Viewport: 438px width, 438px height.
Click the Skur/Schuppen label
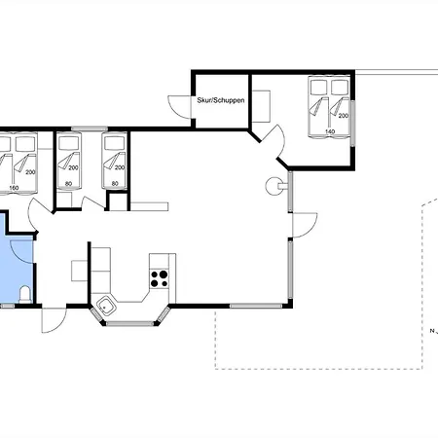pyautogui.click(x=221, y=100)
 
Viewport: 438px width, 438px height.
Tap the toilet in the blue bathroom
pyautogui.click(x=25, y=295)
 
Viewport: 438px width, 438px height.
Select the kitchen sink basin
pyautogui.click(x=105, y=306)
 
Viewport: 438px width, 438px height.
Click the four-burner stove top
pyautogui.click(x=159, y=278)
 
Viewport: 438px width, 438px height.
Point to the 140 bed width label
pyautogui.click(x=330, y=131)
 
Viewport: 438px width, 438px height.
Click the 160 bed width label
pyautogui.click(x=14, y=188)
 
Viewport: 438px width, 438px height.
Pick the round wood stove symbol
pyautogui.click(x=274, y=186)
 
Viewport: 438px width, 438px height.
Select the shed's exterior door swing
pyautogui.click(x=179, y=106)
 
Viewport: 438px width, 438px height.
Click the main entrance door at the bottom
pyautogui.click(x=54, y=320)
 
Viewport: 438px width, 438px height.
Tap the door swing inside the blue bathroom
pyautogui.click(x=21, y=252)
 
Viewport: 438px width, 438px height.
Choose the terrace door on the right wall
pyautogui.click(x=305, y=225)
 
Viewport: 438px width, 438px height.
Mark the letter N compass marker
pyautogui.click(x=432, y=331)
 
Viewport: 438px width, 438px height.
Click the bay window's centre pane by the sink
pyautogui.click(x=129, y=323)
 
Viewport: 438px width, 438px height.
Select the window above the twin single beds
pyautogui.click(x=90, y=128)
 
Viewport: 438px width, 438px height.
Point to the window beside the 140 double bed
pyautogui.click(x=352, y=124)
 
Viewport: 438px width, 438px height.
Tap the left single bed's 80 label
pyautogui.click(x=68, y=184)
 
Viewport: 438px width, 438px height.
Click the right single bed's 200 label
pyautogui.click(x=120, y=167)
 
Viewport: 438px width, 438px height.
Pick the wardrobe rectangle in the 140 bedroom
pyautogui.click(x=261, y=106)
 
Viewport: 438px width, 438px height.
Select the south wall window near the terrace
pyautogui.click(x=256, y=306)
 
